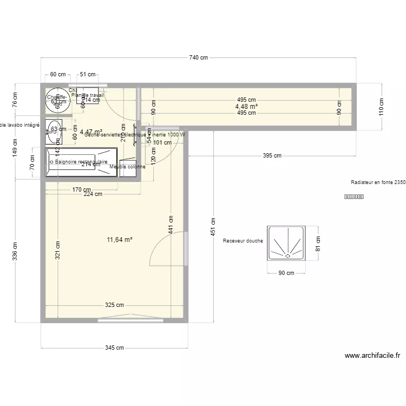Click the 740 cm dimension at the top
[199, 57]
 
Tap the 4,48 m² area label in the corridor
[246, 106]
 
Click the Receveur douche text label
[243, 241]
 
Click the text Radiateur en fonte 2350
[378, 183]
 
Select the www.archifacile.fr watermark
[372, 356]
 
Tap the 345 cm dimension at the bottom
[114, 348]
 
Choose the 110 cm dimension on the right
[381, 107]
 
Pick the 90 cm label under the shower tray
[286, 273]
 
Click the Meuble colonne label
[127, 167]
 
